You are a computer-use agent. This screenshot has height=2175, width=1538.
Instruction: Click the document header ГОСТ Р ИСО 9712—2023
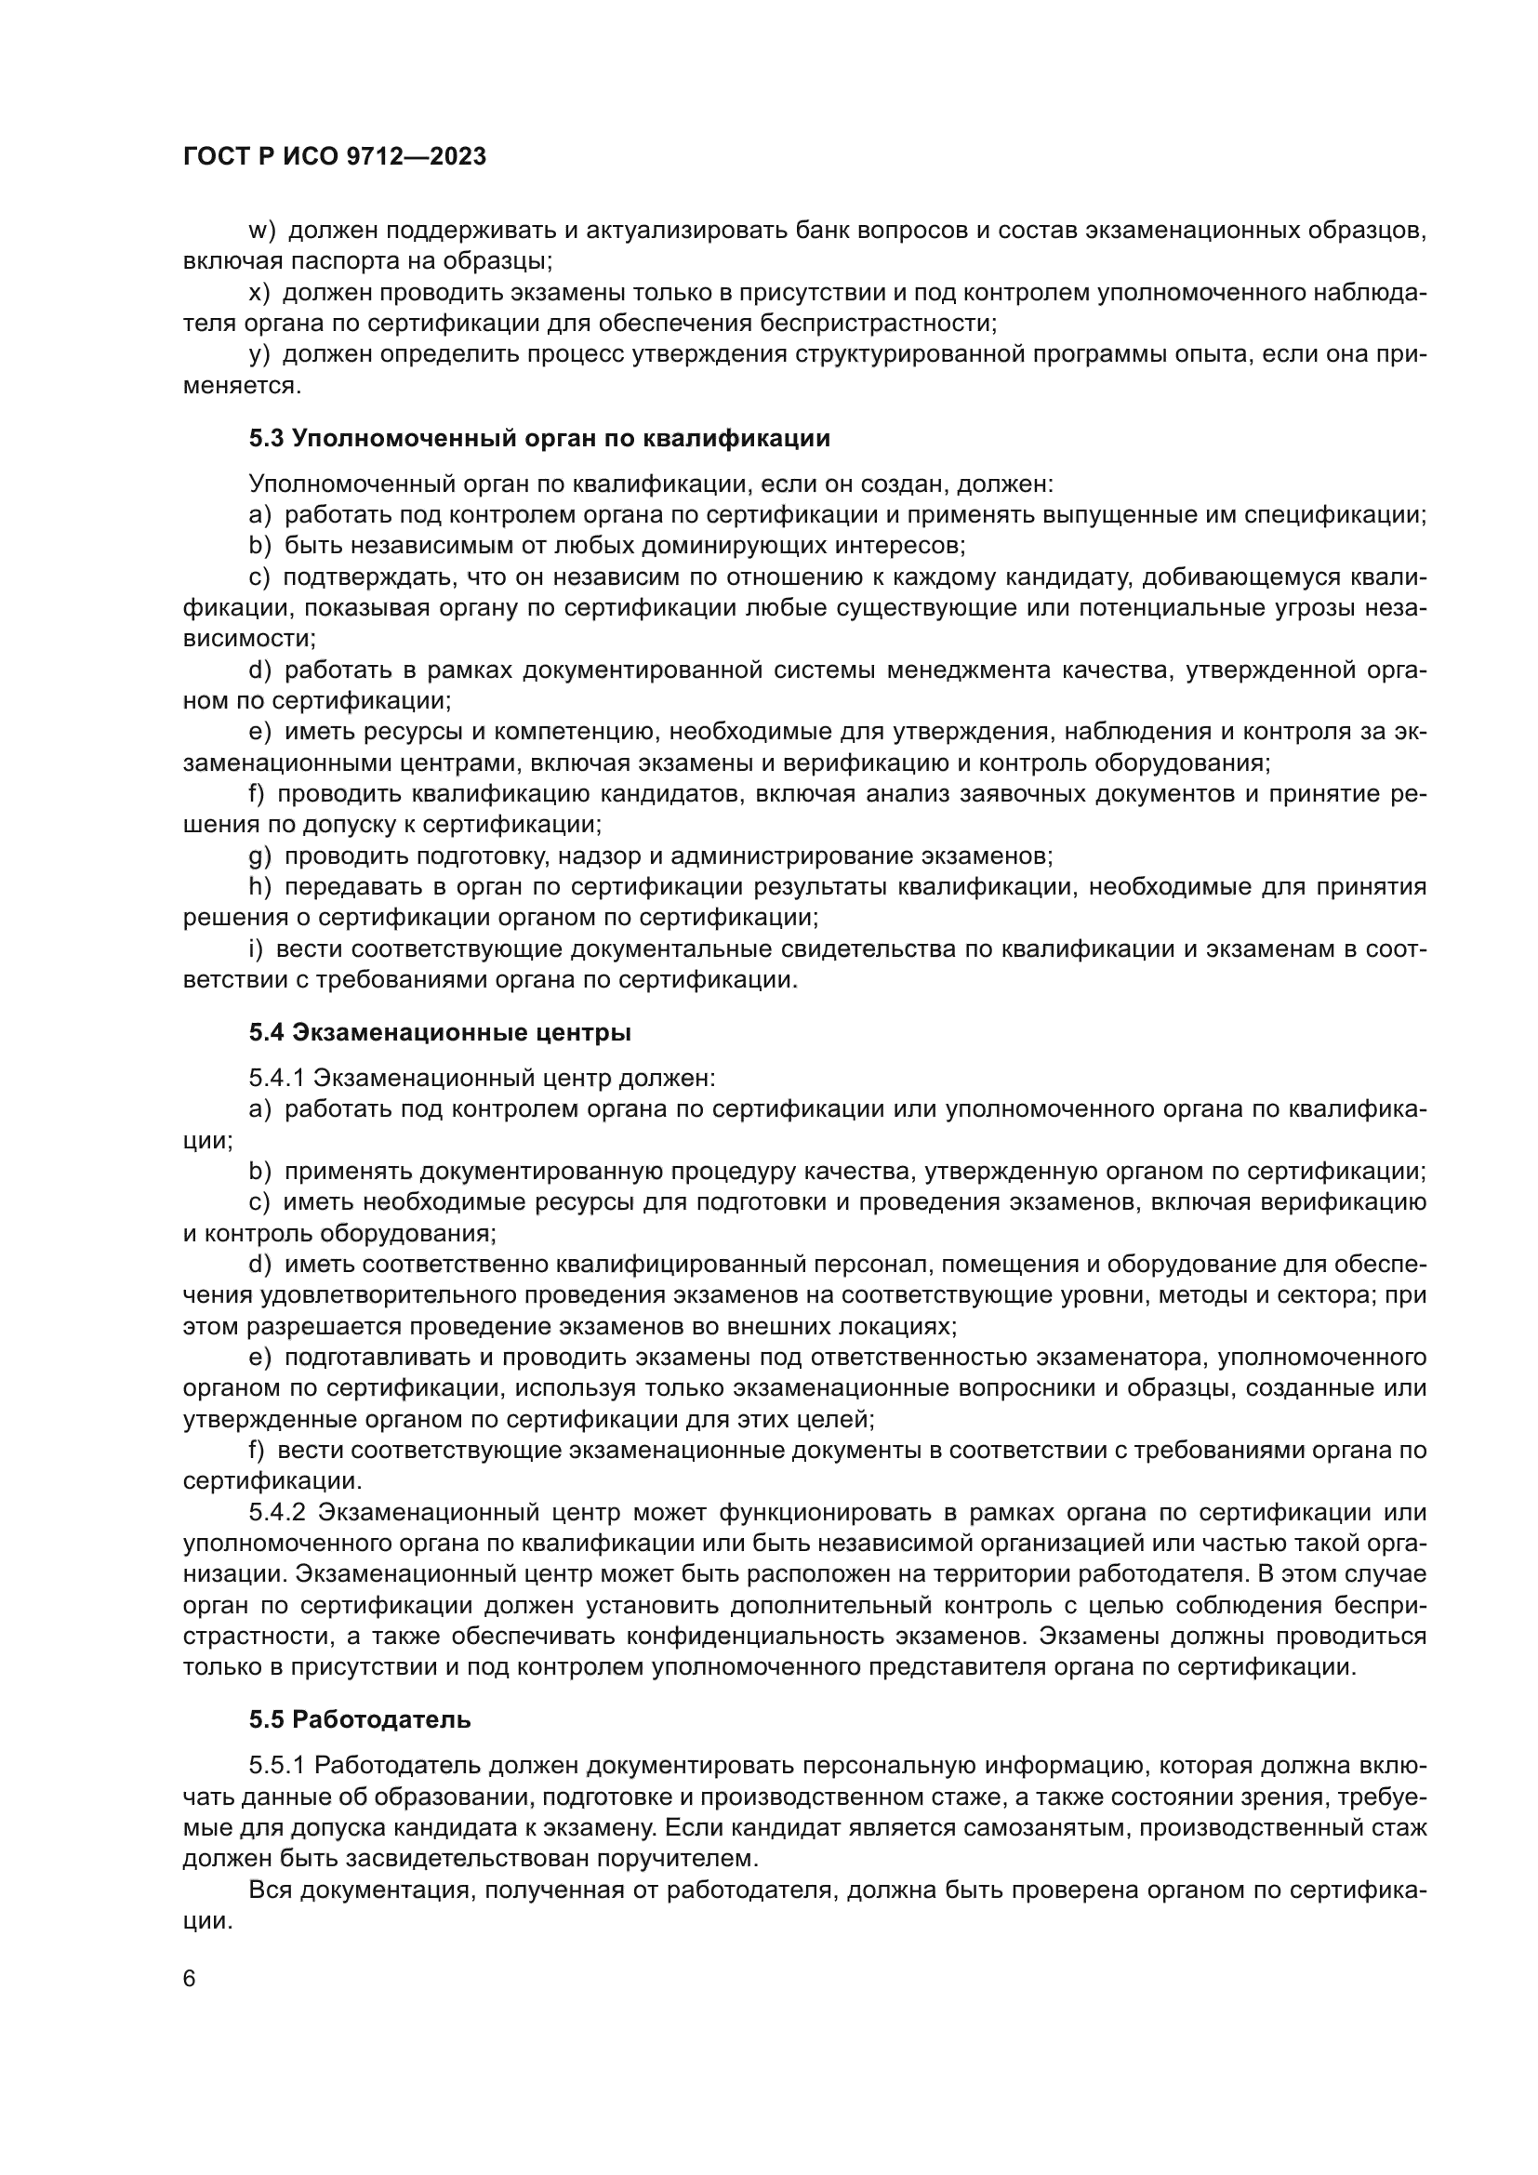[335, 157]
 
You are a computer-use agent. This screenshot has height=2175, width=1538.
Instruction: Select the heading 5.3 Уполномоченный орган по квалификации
[539, 439]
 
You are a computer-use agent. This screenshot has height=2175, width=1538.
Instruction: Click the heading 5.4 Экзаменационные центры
[440, 1032]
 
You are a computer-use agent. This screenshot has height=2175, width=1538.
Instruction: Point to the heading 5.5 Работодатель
[360, 1719]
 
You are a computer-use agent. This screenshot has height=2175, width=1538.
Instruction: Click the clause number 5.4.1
[276, 1078]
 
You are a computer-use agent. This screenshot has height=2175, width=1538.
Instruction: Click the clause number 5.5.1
[276, 1766]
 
